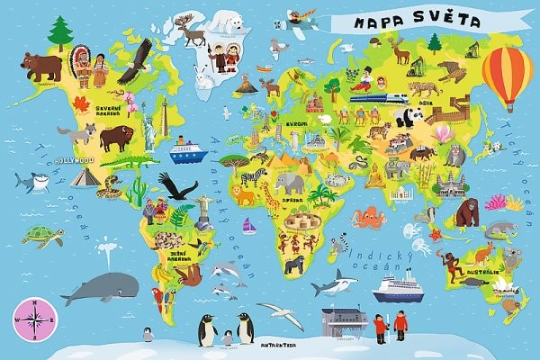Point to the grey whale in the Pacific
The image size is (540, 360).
[92, 288]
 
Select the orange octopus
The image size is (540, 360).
[369, 218]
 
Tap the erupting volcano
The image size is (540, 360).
[245, 85]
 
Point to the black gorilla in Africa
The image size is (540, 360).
[294, 265]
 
